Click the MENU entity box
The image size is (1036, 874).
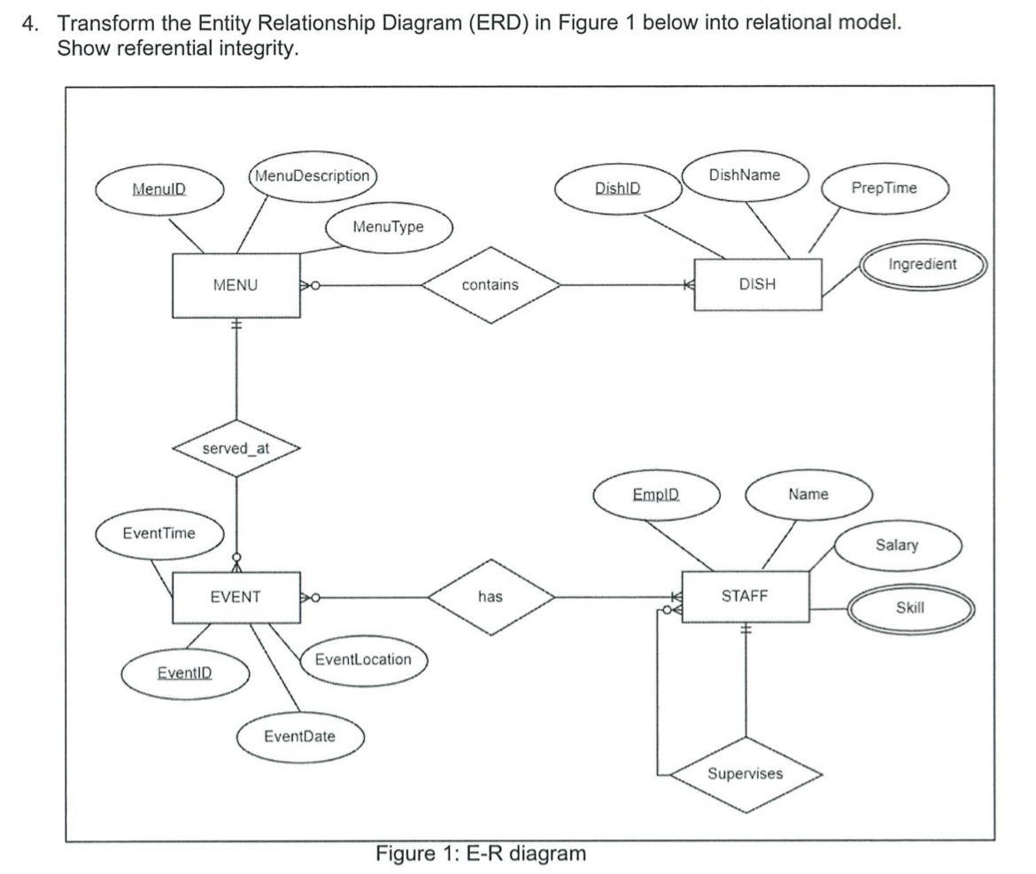point(236,286)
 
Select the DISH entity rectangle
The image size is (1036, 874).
point(757,285)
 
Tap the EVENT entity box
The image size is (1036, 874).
point(236,597)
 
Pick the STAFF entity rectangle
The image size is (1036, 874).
point(745,596)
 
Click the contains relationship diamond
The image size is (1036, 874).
point(491,285)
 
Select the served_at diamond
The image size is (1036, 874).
point(236,448)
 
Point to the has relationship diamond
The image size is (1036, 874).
point(491,597)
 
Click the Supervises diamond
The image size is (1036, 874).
point(745,774)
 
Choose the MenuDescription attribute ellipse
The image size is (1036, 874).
point(312,175)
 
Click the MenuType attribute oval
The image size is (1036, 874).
point(389,227)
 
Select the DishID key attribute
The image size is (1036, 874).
point(618,189)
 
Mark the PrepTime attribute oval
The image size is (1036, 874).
point(884,188)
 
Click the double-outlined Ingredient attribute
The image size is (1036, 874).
point(923,265)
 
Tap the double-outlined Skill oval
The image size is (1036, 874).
point(910,607)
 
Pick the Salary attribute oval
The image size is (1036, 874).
point(897,545)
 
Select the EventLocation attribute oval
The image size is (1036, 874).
point(363,660)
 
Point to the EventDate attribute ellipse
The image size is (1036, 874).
point(300,736)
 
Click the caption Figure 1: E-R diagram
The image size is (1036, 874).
point(481,854)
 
